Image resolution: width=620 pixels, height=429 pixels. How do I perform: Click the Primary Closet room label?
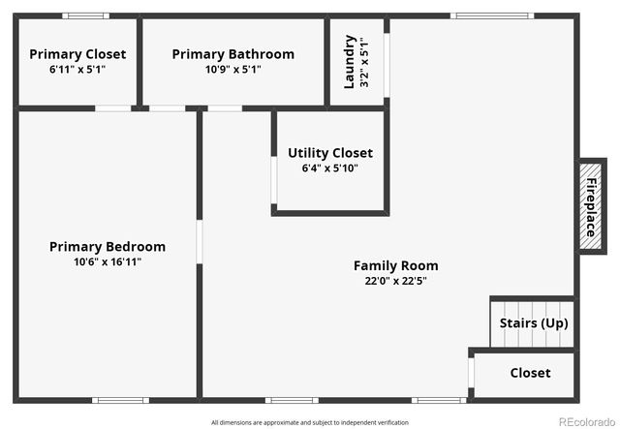[x=77, y=54]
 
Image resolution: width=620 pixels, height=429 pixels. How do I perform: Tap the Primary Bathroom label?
[x=232, y=54]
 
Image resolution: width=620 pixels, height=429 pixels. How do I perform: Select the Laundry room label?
[x=350, y=62]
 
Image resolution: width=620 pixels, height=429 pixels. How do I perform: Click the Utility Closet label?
[x=329, y=153]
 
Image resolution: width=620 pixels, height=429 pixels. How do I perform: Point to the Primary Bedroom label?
[x=107, y=247]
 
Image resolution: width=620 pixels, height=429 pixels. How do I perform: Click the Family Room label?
[x=395, y=265]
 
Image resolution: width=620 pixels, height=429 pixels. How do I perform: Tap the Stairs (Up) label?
[x=533, y=323]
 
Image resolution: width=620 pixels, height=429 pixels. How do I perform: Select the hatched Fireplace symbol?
[x=590, y=204]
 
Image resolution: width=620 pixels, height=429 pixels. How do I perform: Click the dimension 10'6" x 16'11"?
[x=107, y=261]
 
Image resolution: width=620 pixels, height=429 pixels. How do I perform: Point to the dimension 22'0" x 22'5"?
[x=395, y=281]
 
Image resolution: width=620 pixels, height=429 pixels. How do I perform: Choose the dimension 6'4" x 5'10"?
[x=329, y=169]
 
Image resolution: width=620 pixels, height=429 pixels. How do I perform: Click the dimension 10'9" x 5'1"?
[x=232, y=70]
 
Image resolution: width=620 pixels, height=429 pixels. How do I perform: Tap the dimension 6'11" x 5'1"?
[x=77, y=70]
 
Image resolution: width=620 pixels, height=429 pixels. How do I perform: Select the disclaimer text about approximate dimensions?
[x=309, y=422]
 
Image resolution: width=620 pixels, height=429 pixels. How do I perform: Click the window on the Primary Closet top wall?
[x=85, y=15]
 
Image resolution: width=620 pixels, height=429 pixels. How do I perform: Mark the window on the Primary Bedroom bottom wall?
[x=120, y=399]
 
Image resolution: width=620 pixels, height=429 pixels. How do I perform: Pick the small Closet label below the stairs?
[x=530, y=373]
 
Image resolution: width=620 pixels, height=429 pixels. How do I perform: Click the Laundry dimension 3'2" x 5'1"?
[x=363, y=62]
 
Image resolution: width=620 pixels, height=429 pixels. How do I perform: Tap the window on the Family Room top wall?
[x=492, y=15]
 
